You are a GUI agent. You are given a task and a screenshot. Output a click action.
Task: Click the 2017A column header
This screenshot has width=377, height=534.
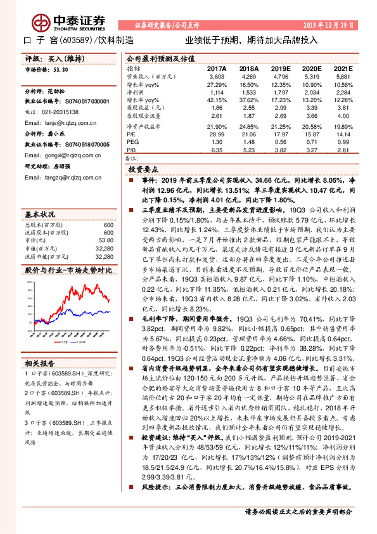tap(216, 68)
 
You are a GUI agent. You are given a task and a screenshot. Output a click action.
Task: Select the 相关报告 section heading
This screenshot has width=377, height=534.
tap(41, 363)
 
